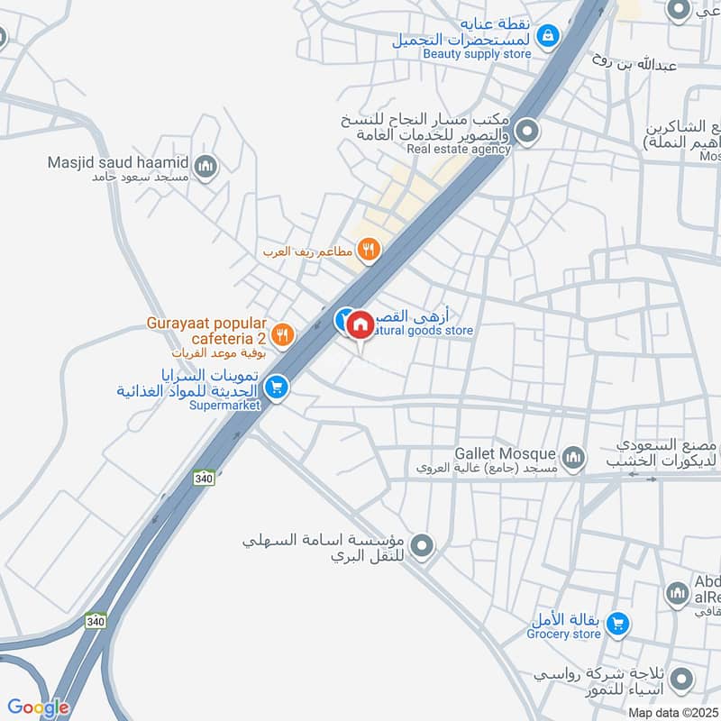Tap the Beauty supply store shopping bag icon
coord(546,36)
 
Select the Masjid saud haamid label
coord(119,163)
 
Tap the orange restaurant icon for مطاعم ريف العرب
coord(367,251)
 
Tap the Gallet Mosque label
coord(506,453)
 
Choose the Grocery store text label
coord(563,634)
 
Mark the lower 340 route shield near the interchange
coord(96,621)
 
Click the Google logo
coord(38,707)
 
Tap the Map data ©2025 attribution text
coord(672,712)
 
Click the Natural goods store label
coord(424,331)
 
